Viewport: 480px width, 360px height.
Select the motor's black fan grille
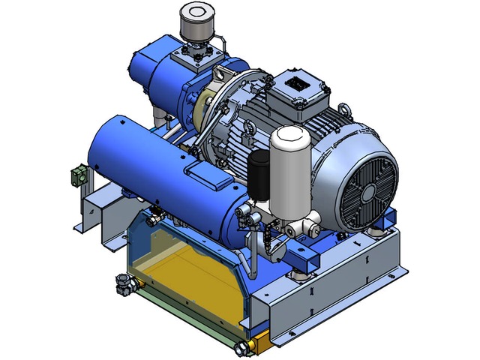(x=365, y=188)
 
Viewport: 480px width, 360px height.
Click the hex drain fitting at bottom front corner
(x=241, y=347)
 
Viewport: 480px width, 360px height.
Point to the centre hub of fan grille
(x=367, y=191)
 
